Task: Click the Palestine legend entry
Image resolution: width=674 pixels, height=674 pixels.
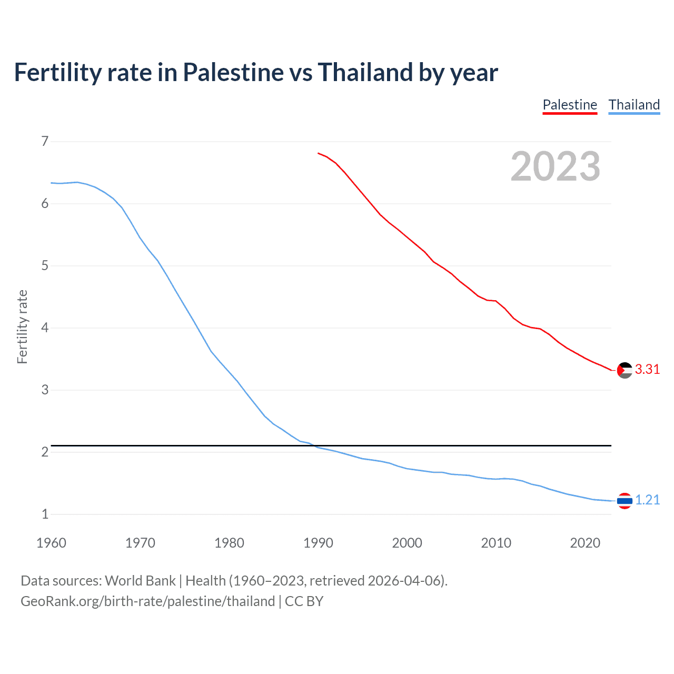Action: click(x=570, y=105)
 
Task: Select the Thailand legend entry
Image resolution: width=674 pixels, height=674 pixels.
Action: click(x=634, y=105)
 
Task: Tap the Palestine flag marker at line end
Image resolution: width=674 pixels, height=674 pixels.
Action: click(x=625, y=370)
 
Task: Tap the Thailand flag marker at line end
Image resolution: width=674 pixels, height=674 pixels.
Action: click(x=625, y=501)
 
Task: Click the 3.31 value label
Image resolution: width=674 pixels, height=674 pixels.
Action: click(x=647, y=370)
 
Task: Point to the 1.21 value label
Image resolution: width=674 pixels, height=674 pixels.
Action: click(x=647, y=500)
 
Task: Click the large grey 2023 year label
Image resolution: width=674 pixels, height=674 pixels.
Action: click(x=556, y=166)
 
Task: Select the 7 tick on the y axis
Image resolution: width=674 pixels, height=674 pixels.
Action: click(x=45, y=141)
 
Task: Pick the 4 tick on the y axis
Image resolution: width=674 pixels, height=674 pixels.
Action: click(x=45, y=328)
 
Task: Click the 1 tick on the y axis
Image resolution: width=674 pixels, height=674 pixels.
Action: click(x=45, y=514)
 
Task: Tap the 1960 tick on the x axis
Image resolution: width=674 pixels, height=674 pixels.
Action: click(x=51, y=543)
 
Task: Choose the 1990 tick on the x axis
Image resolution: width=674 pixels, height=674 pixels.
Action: click(x=318, y=543)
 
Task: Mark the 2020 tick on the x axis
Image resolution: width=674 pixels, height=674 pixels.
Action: click(x=585, y=543)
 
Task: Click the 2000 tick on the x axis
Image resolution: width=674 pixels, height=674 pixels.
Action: click(x=407, y=543)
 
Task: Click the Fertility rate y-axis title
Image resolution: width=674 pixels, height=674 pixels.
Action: click(x=22, y=327)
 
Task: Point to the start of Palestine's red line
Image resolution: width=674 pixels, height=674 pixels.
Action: click(x=319, y=153)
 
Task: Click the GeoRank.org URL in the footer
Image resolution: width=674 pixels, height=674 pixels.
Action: click(x=147, y=601)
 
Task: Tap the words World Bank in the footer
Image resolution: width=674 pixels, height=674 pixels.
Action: click(x=140, y=581)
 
